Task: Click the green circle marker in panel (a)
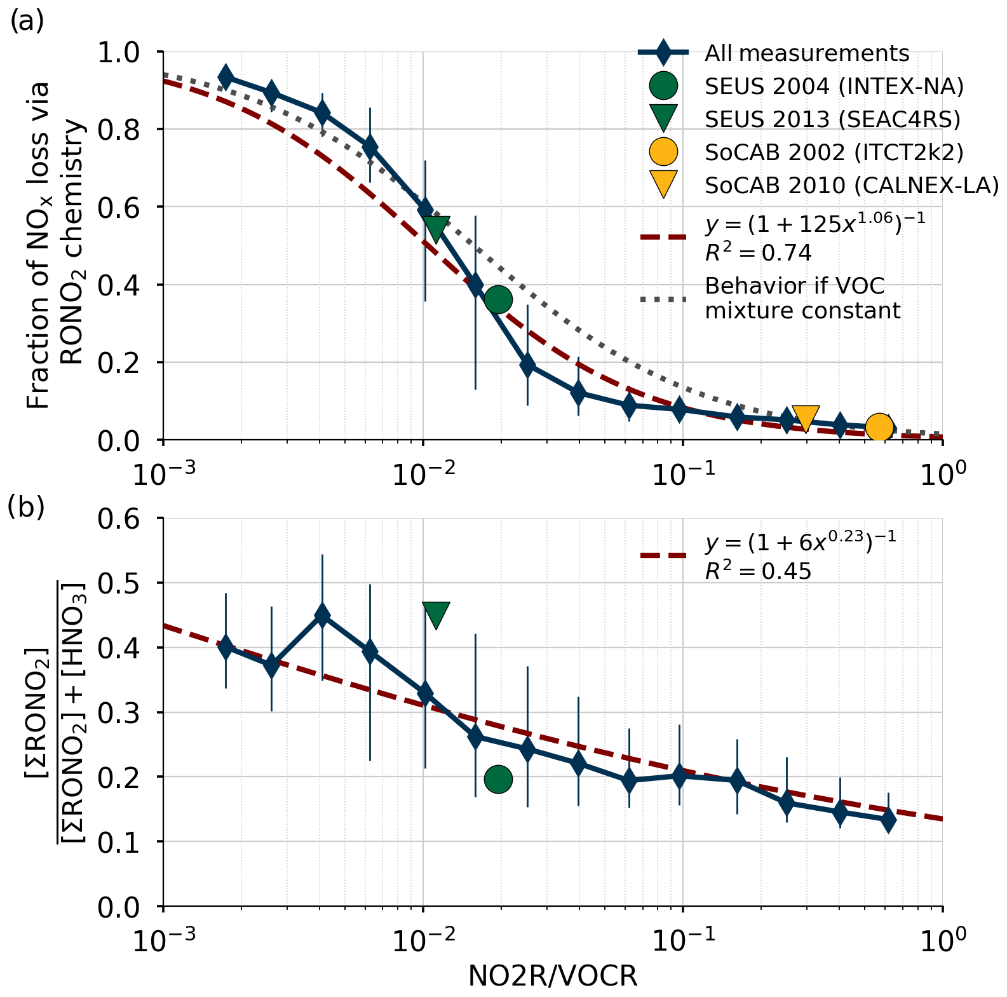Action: pos(498,299)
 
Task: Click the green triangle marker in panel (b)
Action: pos(436,614)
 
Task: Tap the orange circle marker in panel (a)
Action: pos(879,428)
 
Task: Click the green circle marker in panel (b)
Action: pos(498,779)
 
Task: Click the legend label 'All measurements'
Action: pos(807,53)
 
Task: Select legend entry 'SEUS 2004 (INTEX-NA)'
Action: pos(834,86)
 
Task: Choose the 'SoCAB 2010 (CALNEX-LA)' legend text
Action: pos(851,185)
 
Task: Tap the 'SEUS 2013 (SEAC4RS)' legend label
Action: pos(832,119)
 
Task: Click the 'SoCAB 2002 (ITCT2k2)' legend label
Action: pos(834,152)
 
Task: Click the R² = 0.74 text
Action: pos(758,253)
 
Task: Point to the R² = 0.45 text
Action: pos(758,571)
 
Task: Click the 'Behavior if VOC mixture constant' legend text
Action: pos(802,299)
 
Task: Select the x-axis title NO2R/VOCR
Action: pos(553,976)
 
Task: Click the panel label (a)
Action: pos(27,22)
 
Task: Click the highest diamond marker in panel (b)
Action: pos(322,615)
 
